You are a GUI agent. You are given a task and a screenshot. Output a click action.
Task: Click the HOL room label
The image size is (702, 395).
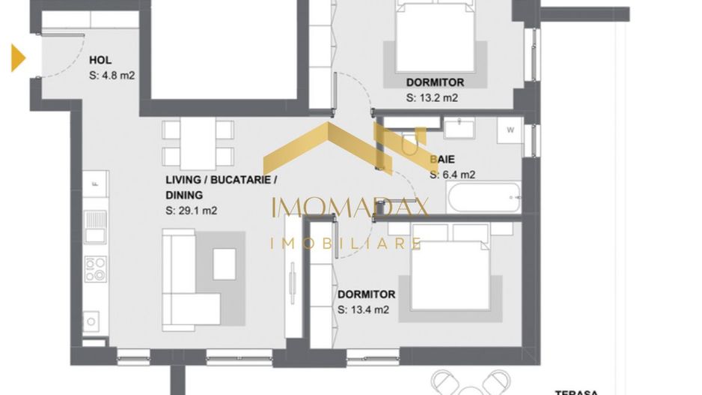pos(100,61)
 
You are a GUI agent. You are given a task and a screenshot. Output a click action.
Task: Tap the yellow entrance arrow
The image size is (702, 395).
pos(18,58)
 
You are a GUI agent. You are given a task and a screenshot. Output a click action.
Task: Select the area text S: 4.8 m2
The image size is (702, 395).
pos(112,75)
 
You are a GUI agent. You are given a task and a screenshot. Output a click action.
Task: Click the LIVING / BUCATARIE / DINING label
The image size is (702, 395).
pos(221,187)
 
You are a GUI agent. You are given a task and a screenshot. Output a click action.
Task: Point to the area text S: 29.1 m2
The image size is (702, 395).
pos(191,211)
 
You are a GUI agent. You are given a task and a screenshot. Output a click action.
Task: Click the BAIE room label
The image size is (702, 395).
pos(442,160)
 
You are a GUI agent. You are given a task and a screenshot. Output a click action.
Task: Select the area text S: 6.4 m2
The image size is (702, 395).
pos(453,175)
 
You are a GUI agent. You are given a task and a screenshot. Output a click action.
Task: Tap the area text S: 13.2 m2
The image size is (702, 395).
pos(432,97)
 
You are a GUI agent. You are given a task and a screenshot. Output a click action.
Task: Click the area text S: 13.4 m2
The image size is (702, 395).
pos(363,310)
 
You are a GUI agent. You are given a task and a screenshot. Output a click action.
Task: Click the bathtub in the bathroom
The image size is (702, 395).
pos(483,197)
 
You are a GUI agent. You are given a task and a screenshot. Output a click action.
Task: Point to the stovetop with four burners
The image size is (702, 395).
pos(96,269)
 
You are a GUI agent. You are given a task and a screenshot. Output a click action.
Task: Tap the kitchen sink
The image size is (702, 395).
pos(95,226)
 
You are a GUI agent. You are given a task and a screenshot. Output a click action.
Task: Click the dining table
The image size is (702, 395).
pos(198,143)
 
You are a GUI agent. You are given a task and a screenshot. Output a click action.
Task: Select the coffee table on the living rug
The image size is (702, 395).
pos(225,263)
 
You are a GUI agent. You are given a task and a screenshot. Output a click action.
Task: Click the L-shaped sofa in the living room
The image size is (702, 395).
pos(183,281)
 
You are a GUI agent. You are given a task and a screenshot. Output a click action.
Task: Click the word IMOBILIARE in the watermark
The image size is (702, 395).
pos(345,243)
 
